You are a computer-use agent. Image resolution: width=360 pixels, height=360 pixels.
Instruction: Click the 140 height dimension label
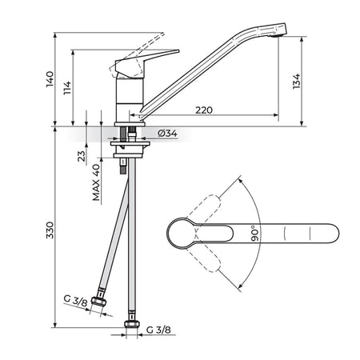tap(50, 79)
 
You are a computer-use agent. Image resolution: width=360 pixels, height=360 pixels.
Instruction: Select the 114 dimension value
tap(67, 88)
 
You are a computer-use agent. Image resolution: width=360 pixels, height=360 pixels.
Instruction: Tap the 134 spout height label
tap(296, 82)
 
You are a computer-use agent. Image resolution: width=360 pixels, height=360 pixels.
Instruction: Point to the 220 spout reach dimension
tap(204, 110)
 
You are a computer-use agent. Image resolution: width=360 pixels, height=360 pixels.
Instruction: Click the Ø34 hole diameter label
tap(167, 133)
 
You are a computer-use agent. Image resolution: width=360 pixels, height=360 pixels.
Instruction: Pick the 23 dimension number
tap(82, 156)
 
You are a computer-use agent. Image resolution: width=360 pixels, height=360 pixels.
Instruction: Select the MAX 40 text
tap(96, 182)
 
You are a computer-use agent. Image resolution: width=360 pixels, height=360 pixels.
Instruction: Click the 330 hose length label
tap(50, 230)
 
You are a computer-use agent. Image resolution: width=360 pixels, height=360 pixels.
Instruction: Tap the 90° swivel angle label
tap(255, 234)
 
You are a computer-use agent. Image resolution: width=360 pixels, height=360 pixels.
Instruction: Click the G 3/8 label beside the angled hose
tap(76, 301)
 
